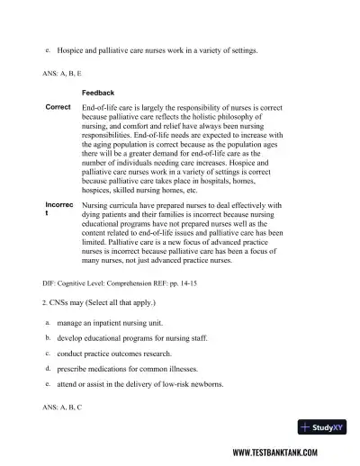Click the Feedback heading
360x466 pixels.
click(x=98, y=93)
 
